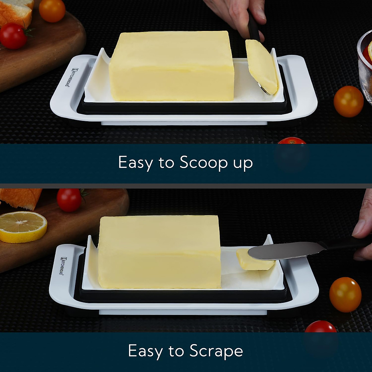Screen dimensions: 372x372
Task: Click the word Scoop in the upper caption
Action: pos(203,162)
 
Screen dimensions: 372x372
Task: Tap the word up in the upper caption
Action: pos(243,163)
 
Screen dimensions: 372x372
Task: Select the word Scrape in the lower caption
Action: pos(216,351)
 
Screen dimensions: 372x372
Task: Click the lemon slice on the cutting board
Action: pos(23,227)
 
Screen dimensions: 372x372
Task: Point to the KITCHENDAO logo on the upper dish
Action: pos(67,77)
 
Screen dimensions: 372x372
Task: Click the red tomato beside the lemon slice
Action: pos(69,200)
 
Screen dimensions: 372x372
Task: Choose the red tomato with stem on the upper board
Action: pos(13,36)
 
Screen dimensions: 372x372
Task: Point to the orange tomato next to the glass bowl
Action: pos(348,101)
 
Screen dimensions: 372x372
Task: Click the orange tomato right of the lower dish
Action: pos(345,294)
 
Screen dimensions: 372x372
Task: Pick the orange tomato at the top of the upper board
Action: pos(52,10)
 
